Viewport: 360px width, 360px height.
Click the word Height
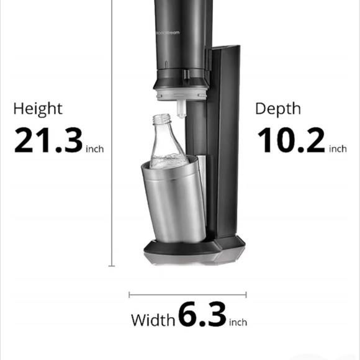(x=38, y=109)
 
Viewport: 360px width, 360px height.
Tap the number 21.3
(x=48, y=140)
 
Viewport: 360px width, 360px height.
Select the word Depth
(x=278, y=109)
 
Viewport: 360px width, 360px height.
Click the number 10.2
(x=290, y=140)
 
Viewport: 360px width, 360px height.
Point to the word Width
(x=153, y=320)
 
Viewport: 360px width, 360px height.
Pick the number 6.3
(x=202, y=315)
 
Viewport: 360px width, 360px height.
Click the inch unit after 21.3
(x=95, y=149)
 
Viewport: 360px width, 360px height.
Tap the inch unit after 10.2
(x=338, y=149)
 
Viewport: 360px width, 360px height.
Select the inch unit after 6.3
(x=238, y=322)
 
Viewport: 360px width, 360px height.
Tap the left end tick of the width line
(x=129, y=295)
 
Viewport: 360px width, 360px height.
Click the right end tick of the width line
(x=246, y=295)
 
